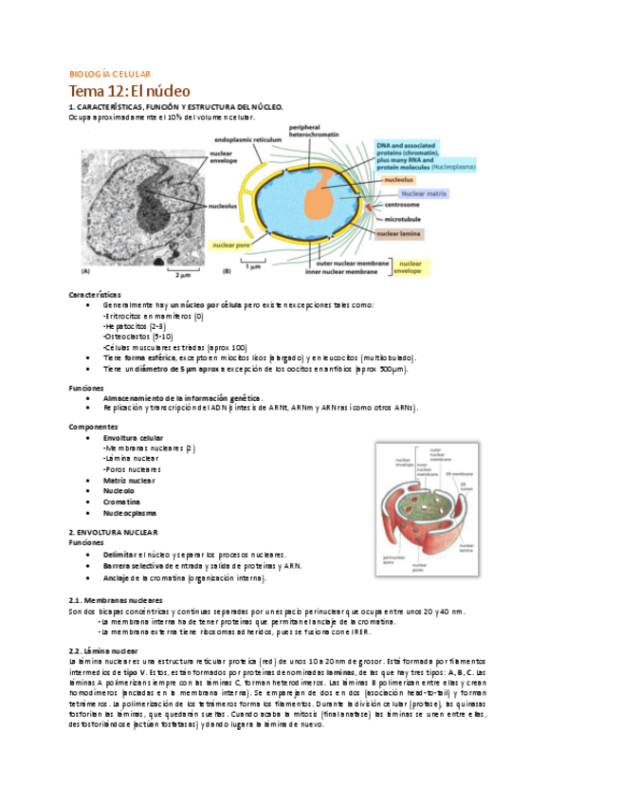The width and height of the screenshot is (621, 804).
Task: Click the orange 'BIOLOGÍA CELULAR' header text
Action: [x=117, y=73]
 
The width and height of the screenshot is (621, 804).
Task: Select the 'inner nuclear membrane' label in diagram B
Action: [x=335, y=272]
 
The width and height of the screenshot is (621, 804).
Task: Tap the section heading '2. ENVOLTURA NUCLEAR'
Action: [x=114, y=533]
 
